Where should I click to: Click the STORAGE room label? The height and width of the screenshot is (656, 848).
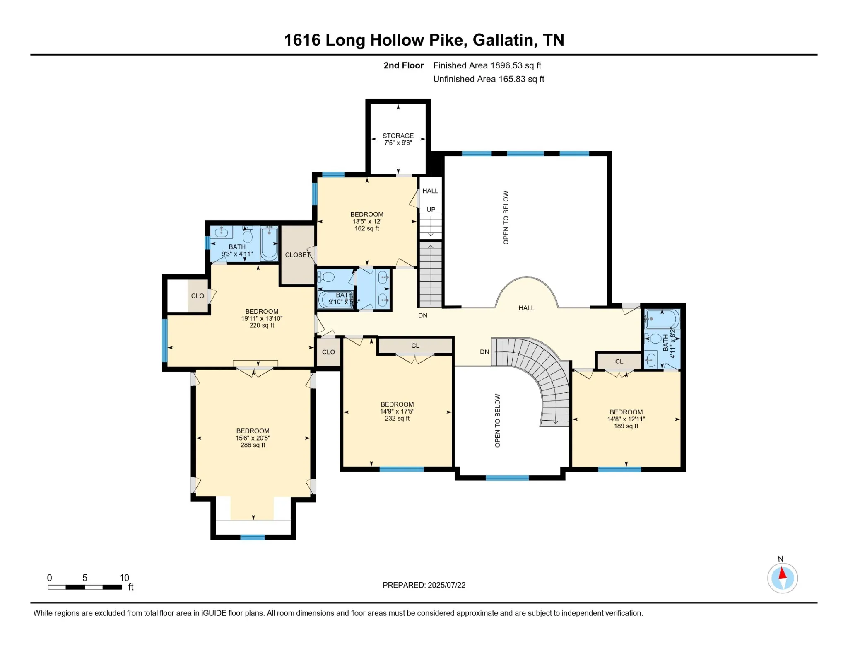(x=398, y=136)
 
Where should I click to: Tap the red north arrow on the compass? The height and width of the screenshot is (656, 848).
(x=782, y=573)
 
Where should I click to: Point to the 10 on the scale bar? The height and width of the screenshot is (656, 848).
(x=124, y=578)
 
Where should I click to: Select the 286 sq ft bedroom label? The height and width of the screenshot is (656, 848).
(x=253, y=438)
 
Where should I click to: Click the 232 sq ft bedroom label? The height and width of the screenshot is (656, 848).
(x=397, y=412)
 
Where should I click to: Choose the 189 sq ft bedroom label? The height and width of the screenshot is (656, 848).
(x=626, y=419)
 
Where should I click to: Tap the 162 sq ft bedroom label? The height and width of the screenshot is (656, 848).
(x=366, y=221)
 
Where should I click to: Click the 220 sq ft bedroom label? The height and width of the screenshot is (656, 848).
(x=262, y=318)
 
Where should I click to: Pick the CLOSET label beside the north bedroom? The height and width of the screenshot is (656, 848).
(x=298, y=255)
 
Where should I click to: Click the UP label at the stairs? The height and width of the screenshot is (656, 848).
(x=431, y=209)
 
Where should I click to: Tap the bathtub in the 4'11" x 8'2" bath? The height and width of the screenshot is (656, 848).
(x=662, y=319)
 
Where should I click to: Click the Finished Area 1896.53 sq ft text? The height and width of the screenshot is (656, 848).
(x=487, y=65)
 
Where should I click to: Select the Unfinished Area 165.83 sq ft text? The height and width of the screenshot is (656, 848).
(x=489, y=79)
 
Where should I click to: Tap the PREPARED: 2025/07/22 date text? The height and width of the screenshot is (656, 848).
(x=424, y=585)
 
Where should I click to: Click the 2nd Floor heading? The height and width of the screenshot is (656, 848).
(x=403, y=65)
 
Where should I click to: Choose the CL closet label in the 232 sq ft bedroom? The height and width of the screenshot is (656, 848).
(x=415, y=346)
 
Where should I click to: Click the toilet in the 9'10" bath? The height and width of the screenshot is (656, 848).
(x=327, y=276)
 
